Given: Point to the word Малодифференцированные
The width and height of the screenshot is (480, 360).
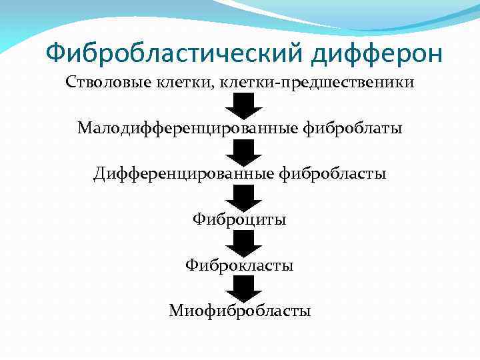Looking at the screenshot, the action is [187, 127].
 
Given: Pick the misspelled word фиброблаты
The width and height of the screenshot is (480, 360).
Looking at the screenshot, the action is [353, 127].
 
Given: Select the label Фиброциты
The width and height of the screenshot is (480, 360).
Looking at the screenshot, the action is [239, 219].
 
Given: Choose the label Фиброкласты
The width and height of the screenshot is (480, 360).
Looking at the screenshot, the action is [239, 265].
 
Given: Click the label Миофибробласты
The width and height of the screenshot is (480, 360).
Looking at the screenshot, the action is [239, 311].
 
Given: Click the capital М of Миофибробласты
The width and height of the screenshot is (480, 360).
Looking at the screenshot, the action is [175, 311].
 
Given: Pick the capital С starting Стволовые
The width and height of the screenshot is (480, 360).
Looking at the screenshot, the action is [70, 82].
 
